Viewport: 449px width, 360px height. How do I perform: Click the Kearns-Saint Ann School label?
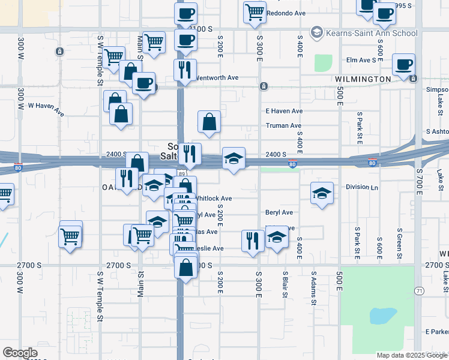370,32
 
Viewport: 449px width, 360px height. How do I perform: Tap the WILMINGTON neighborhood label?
364,79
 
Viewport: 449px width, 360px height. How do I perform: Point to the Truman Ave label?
283,125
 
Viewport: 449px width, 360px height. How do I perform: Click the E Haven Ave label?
284,111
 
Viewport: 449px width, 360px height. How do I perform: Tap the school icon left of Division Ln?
322,193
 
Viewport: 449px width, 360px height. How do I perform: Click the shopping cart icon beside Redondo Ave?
255,11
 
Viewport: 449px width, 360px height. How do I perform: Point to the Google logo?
20,352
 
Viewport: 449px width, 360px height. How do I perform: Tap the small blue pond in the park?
382,315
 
